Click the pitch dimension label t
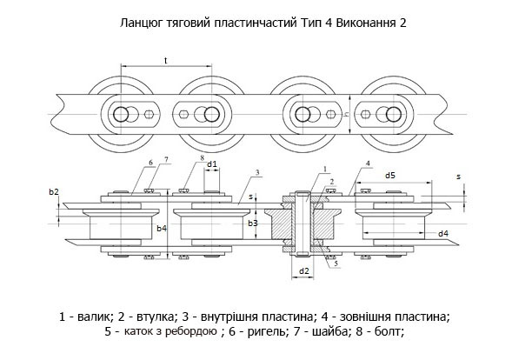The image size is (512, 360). click(166, 61)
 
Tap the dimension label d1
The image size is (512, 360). click(212, 164)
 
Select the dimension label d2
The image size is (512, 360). click(304, 271)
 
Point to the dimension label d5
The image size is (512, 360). click(390, 176)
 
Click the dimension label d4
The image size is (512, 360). click(443, 234)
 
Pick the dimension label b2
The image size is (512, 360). click(54, 192)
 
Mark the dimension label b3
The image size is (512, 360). click(253, 223)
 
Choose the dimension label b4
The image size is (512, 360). click(162, 229)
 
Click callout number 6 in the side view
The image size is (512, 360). click(150, 163)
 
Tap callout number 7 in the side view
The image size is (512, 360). click(167, 159)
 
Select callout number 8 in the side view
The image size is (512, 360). click(203, 157)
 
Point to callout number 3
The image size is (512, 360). click(257, 172)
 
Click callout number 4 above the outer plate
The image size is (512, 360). click(368, 163)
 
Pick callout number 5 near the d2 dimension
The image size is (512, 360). click(336, 263)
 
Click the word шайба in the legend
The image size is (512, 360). click(329, 332)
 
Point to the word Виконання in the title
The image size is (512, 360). click(365, 23)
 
